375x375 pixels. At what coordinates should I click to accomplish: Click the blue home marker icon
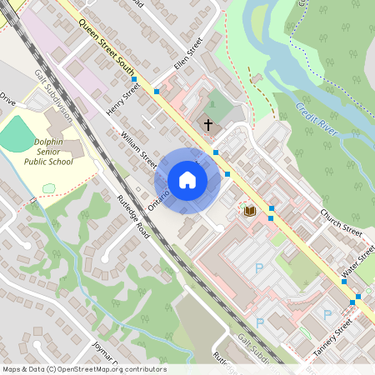pyautogui.click(x=187, y=181)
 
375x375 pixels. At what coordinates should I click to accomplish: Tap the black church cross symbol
pyautogui.click(x=208, y=124)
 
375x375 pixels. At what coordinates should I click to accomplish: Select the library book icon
pyautogui.click(x=248, y=212)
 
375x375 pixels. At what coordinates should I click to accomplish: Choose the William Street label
pyautogui.click(x=138, y=146)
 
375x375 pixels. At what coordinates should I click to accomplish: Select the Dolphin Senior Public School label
pyautogui.click(x=48, y=151)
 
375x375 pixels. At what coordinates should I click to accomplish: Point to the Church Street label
pyautogui.click(x=341, y=221)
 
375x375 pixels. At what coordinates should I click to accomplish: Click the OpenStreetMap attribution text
pyautogui.click(x=84, y=369)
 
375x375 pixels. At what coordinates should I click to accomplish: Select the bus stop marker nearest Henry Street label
pyautogui.click(x=134, y=79)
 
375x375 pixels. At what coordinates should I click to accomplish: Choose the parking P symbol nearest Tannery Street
pyautogui.click(x=327, y=315)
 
